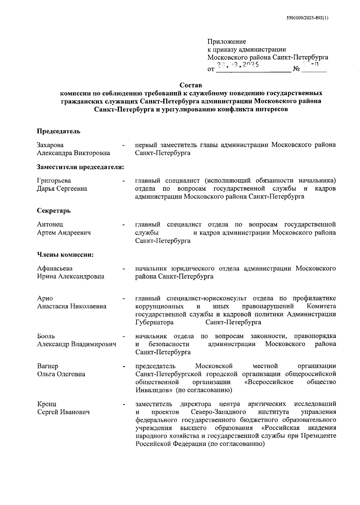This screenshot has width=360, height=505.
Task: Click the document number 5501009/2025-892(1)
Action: click(x=307, y=18)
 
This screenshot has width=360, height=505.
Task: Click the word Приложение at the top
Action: click(x=227, y=41)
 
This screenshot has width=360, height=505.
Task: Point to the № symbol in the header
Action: click(x=296, y=70)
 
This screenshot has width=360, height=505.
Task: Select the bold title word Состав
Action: click(x=191, y=85)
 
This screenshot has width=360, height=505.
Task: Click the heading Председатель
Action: click(x=58, y=131)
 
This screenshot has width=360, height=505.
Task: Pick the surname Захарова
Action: click(x=50, y=145)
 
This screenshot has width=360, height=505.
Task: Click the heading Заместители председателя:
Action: click(x=80, y=167)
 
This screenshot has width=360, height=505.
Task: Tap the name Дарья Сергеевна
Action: click(x=62, y=189)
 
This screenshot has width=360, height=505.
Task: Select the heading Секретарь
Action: click(x=54, y=211)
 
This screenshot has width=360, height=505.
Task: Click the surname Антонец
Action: click(x=50, y=224)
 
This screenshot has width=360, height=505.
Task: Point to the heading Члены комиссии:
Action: click(x=65, y=255)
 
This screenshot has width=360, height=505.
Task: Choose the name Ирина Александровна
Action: click(x=70, y=276)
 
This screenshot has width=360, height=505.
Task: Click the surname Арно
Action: click(x=45, y=298)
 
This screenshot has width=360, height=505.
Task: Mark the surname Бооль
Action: click(x=46, y=336)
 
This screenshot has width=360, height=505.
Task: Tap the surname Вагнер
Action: click(x=47, y=366)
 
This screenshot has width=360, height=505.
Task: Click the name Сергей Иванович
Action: click(x=63, y=412)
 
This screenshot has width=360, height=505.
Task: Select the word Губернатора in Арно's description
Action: click(x=154, y=322)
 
